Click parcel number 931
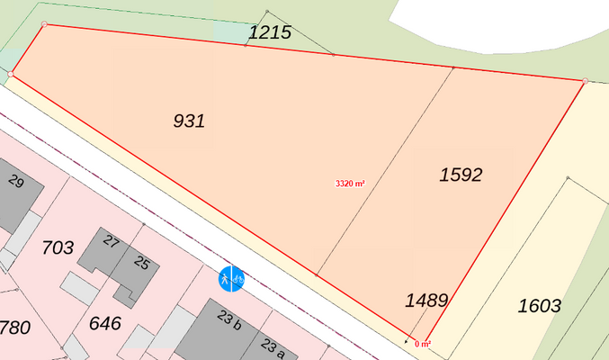click(x=189, y=121)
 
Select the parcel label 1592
click(x=461, y=175)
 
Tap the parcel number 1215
click(x=270, y=33)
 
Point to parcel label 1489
click(x=426, y=300)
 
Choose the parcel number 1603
click(x=540, y=306)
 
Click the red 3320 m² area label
click(x=350, y=183)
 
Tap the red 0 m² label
click(x=423, y=343)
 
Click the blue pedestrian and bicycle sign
click(x=232, y=278)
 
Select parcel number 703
click(x=58, y=247)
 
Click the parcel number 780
click(x=14, y=327)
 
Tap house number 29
click(x=15, y=182)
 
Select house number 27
click(x=112, y=241)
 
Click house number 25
click(x=141, y=263)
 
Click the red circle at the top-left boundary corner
click(x=44, y=24)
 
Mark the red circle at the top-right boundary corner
click(x=585, y=81)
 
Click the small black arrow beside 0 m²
click(x=407, y=341)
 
